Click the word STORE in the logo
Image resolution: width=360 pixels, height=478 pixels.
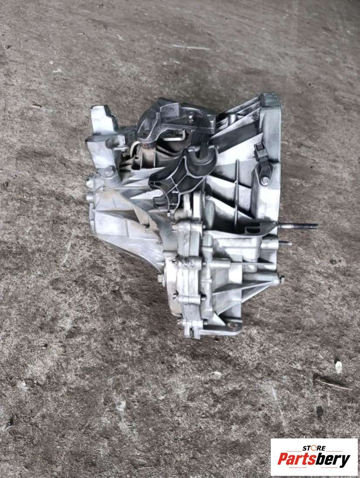314,448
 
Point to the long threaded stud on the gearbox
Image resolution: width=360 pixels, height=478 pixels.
297,226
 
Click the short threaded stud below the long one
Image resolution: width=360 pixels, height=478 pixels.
285,243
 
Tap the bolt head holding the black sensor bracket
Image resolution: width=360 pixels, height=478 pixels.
265,181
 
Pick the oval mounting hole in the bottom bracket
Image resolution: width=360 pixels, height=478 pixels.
232,325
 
